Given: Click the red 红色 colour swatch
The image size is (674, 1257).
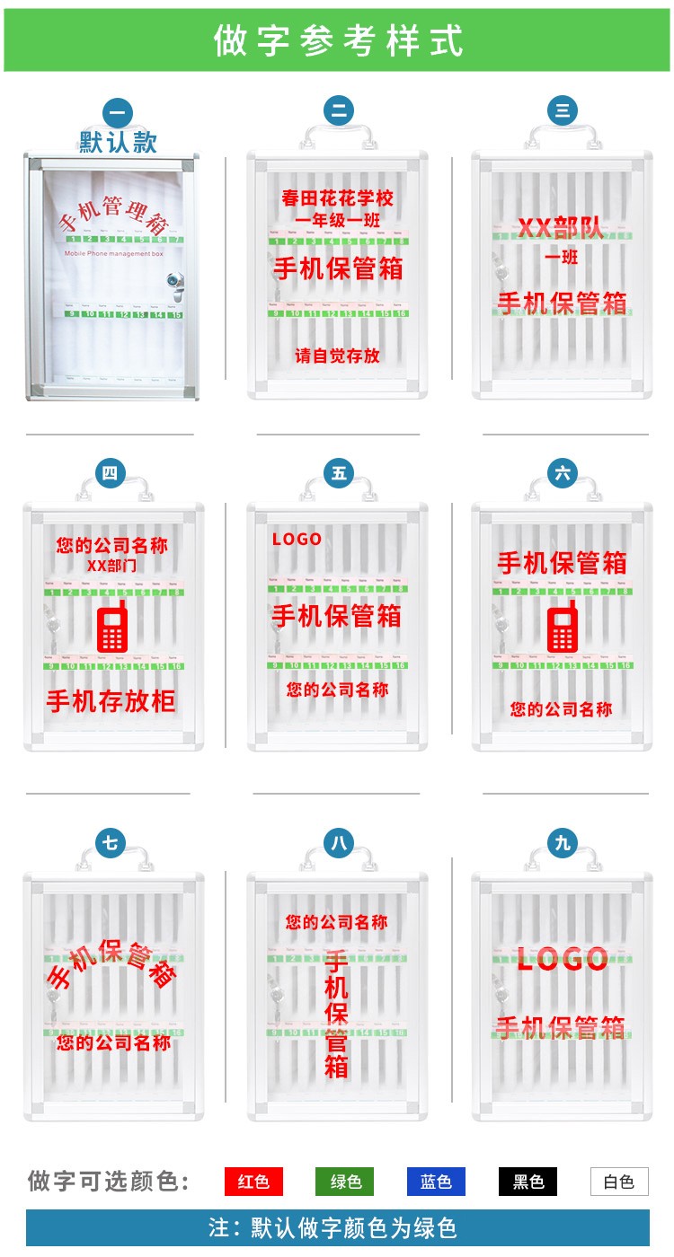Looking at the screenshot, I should tap(253, 1182).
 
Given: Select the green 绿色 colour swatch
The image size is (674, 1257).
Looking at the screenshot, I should tap(345, 1182).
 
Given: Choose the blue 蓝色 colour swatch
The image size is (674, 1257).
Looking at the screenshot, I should tap(436, 1182).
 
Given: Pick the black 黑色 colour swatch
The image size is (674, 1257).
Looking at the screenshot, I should tap(528, 1182).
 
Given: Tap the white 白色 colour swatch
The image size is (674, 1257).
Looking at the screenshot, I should tap(619, 1182).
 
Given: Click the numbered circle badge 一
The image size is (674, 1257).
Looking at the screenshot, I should tap(118, 113).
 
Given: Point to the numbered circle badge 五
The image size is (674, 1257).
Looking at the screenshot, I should tap(339, 473).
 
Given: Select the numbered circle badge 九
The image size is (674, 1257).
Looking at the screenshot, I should tap(563, 843).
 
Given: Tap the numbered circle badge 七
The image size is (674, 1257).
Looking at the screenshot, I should tap(110, 843).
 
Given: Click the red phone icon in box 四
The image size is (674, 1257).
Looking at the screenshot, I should tap(111, 628).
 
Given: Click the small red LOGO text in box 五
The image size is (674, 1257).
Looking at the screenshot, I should tap(297, 540).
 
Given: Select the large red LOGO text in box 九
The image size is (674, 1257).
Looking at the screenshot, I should tap(563, 959).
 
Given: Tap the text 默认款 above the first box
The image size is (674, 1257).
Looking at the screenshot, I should tap(118, 142).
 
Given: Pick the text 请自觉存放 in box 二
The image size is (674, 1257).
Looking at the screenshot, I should tap(338, 356).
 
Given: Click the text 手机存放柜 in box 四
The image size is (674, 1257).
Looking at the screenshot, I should tap(111, 700).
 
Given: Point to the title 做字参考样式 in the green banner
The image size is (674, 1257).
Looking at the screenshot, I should tap(338, 41).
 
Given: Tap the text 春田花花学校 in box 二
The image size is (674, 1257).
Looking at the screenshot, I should tap(338, 198).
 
